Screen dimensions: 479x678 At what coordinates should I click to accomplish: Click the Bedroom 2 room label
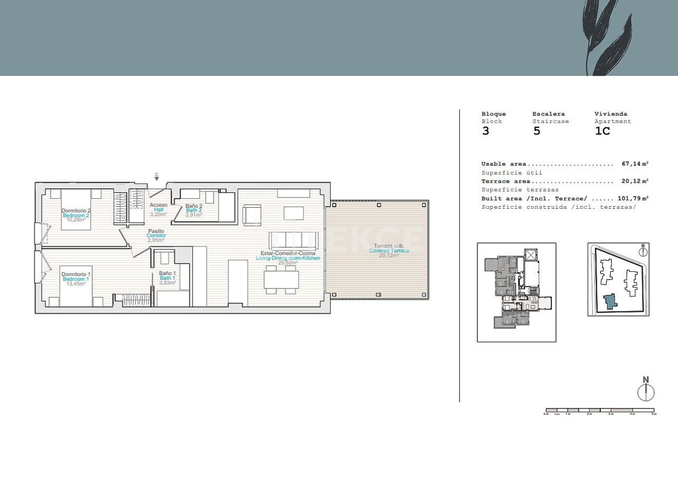pos(76,215)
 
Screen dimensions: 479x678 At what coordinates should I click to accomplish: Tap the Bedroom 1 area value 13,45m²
pos(76,283)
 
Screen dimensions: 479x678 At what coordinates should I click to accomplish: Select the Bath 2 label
pos(194,210)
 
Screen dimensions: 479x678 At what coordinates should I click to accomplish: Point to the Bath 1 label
pos(167,278)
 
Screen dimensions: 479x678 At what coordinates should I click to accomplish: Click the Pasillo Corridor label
pos(156,236)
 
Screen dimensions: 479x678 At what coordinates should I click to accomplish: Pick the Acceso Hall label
pos(158,210)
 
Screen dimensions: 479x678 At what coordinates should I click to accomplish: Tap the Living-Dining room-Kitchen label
pos(288,258)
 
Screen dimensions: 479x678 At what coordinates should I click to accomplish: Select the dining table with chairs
pos(282,279)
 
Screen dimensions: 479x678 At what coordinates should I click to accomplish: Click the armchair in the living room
pos(251,215)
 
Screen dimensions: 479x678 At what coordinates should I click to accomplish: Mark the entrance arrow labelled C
pos(156,176)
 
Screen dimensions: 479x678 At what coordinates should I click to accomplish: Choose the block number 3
pos(486,131)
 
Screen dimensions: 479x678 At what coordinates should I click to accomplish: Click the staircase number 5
pos(537,131)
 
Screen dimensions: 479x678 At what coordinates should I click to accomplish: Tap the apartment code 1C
pos(602,131)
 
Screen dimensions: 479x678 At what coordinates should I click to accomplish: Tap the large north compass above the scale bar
pos(646,390)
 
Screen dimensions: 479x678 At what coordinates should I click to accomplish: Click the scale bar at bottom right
pos(600,410)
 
